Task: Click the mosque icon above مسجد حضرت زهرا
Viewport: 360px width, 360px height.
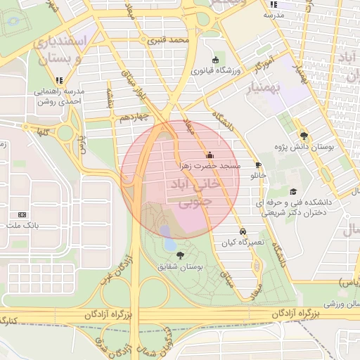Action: pos(209,155)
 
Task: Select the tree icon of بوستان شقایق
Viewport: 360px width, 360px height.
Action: pos(181,255)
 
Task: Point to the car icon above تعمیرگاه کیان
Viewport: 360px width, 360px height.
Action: pos(243,231)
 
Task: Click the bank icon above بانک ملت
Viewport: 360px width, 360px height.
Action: pos(22,214)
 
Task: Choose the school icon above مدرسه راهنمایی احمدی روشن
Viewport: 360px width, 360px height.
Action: pos(60,80)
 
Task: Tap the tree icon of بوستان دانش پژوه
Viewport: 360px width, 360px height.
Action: pos(304,136)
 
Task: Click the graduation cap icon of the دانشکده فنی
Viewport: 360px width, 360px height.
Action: pos(293,191)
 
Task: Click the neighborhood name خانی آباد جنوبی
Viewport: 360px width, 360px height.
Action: pos(191,194)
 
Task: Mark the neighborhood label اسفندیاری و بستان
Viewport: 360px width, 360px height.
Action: pos(59,49)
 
